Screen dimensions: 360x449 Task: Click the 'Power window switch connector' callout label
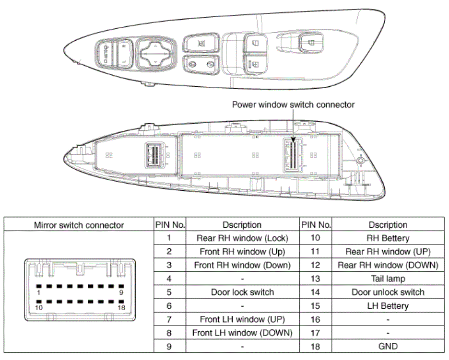coord(293,105)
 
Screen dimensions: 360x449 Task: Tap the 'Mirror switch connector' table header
coord(79,225)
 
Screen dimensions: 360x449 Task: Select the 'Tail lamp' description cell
coord(388,279)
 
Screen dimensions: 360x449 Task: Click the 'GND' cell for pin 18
coord(388,346)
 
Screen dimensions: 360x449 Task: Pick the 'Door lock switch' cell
coord(242,292)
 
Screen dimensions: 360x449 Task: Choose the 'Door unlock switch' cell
coord(388,292)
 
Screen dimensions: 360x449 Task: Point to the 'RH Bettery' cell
coord(388,238)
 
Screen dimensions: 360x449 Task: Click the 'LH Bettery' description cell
coord(388,305)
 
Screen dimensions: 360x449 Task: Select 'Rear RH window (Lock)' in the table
coord(242,238)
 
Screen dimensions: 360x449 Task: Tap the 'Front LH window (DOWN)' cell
coord(242,333)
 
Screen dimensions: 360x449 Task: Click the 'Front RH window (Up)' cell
coord(242,252)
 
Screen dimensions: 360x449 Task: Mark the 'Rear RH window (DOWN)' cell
coord(388,265)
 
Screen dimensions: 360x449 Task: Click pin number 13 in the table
coord(316,279)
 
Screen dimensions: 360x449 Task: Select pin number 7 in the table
coord(170,319)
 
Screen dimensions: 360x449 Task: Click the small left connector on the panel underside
coord(154,154)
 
